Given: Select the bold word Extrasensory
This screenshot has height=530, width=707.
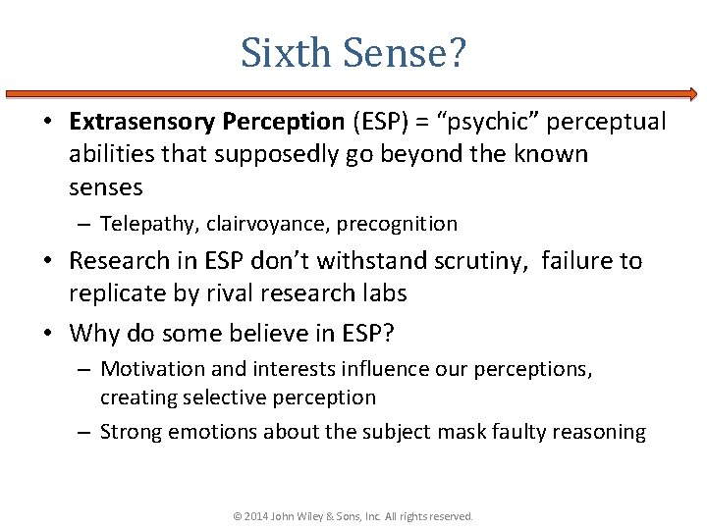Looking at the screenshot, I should point(141,122).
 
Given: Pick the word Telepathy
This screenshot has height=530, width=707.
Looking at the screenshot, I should point(149,224).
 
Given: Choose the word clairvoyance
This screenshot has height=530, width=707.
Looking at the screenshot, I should point(268,224).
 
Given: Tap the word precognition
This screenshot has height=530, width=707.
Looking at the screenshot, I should point(397,224).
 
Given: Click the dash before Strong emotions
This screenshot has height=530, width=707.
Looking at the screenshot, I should point(84,432).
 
